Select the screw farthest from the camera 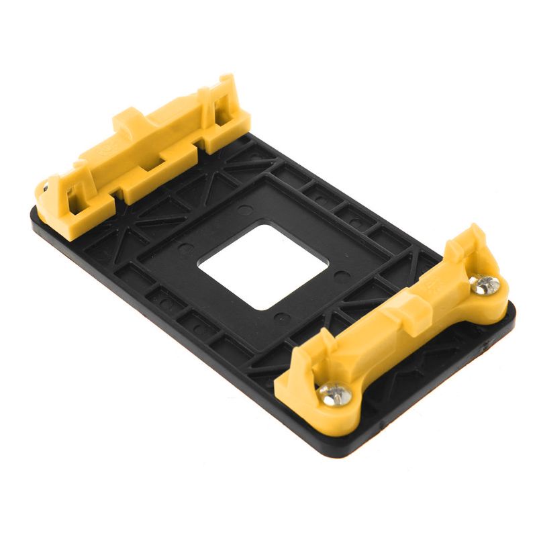tap(485, 285)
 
